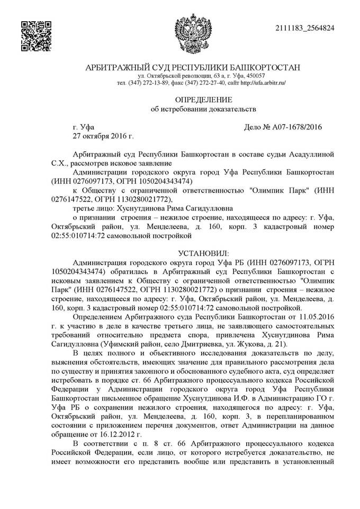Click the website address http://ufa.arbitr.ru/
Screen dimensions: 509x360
263,84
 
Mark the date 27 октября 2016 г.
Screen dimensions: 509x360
103,137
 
